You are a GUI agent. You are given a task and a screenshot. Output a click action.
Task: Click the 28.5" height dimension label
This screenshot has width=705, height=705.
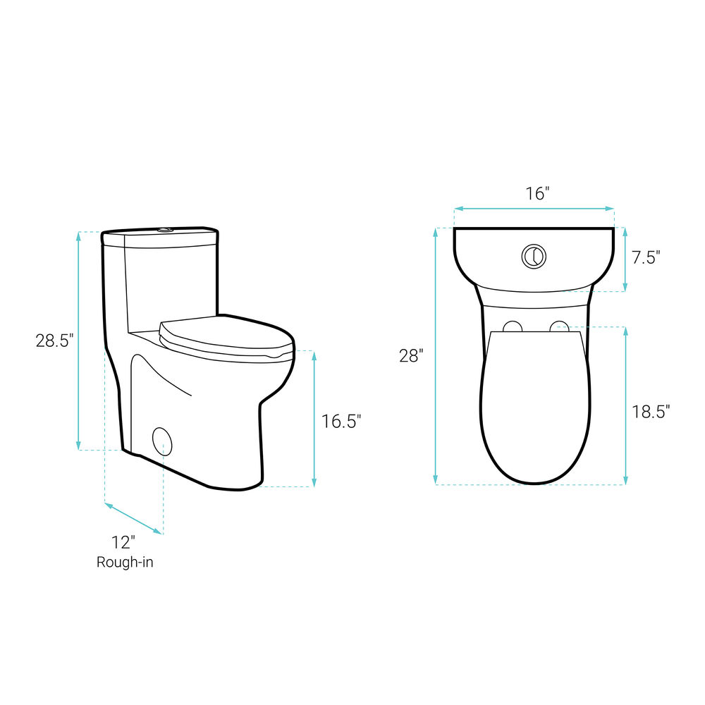pos(54,341)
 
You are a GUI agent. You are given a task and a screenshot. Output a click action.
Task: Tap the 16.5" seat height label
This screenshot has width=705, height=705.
pos(341,422)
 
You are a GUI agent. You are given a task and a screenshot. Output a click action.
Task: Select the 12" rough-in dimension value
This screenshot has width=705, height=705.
pos(123,542)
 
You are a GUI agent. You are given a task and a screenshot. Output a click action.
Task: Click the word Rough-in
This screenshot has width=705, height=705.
pos(125,562)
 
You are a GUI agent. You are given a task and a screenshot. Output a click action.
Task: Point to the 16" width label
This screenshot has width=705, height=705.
pos(538,194)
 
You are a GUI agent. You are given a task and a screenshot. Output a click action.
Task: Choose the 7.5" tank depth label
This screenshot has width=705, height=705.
pos(646,257)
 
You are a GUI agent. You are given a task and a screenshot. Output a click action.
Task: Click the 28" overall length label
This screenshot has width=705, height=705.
pos(411,355)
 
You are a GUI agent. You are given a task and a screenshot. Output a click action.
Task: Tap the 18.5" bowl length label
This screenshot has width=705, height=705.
pos(651,412)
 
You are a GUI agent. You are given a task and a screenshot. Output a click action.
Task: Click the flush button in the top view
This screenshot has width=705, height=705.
pos(534,257)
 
